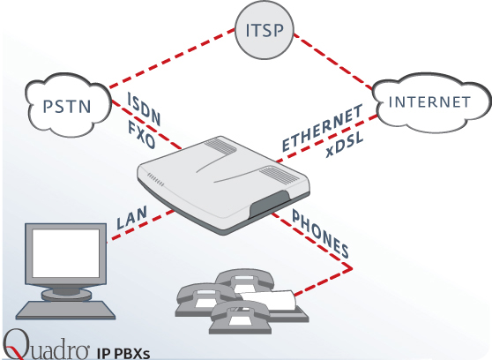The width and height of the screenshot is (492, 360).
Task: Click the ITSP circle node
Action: [x=265, y=30]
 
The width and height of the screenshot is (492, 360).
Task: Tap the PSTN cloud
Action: [x=68, y=105]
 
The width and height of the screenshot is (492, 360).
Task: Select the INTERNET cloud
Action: [x=431, y=102]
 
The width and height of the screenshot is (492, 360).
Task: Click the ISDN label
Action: [x=144, y=109]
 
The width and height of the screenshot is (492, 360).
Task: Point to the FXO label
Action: [x=141, y=135]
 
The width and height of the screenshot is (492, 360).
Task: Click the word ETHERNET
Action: [x=322, y=128]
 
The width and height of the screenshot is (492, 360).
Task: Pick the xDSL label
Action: [x=344, y=145]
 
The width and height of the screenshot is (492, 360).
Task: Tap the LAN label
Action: [x=131, y=217]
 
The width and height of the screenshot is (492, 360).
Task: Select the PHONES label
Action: [x=320, y=233]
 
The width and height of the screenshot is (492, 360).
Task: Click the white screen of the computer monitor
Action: [x=66, y=253]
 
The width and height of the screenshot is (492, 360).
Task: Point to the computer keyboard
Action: [x=65, y=310]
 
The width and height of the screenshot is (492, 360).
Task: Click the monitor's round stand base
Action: [x=66, y=295]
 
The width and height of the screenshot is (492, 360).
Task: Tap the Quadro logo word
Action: [x=46, y=345]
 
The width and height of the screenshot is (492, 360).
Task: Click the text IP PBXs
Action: [x=123, y=354]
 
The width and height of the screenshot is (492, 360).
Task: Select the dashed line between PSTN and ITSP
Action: [x=172, y=58]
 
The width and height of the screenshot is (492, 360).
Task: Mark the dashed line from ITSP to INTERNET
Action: [x=333, y=61]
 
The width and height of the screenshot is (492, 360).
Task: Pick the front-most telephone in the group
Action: [x=241, y=317]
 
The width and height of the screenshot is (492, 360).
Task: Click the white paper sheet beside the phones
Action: [x=269, y=300]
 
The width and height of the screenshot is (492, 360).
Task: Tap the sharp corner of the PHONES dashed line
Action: [x=352, y=269]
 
